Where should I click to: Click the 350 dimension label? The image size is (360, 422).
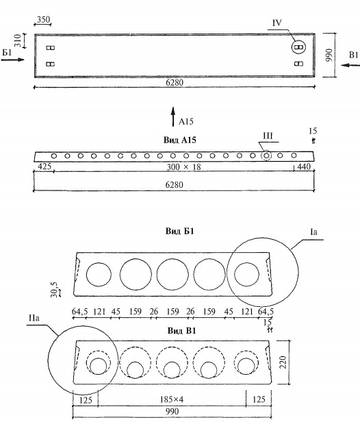pos(43,19)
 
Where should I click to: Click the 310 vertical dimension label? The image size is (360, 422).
pos(18,40)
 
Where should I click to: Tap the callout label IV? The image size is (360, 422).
pos(277,23)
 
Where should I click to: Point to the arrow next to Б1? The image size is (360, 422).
pos(13,60)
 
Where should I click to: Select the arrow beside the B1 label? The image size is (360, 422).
pos(350,65)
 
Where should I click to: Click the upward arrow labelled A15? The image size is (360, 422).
pos(173,116)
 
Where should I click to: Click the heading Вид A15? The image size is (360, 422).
pos(179,140)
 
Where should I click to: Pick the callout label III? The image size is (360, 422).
pos(268,136)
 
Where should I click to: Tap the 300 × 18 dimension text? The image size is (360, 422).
pos(183,167)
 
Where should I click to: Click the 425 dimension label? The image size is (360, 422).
pos(44,166)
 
